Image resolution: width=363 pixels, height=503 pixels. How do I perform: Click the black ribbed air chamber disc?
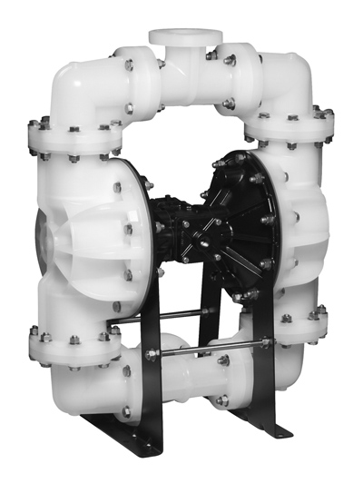[245, 218]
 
